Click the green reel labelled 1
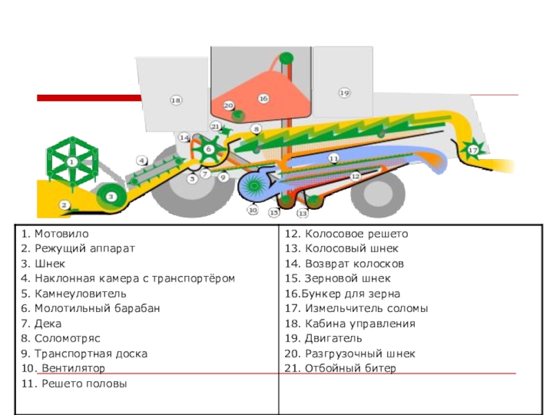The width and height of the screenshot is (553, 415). [x=71, y=163]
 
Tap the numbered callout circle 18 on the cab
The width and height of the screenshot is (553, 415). [x=176, y=101]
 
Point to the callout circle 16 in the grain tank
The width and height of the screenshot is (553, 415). [x=263, y=99]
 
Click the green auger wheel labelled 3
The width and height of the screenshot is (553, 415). [x=110, y=197]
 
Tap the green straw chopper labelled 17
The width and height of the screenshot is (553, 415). [x=474, y=149]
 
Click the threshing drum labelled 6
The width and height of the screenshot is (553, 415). [x=208, y=149]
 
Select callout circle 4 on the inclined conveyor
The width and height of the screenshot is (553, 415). [x=142, y=160]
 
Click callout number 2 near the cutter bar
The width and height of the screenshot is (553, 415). [x=64, y=205]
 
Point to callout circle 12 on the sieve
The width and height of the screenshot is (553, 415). [x=355, y=176]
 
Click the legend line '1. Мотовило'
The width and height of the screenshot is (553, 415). [x=55, y=234]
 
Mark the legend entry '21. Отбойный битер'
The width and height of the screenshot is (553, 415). [x=340, y=369]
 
